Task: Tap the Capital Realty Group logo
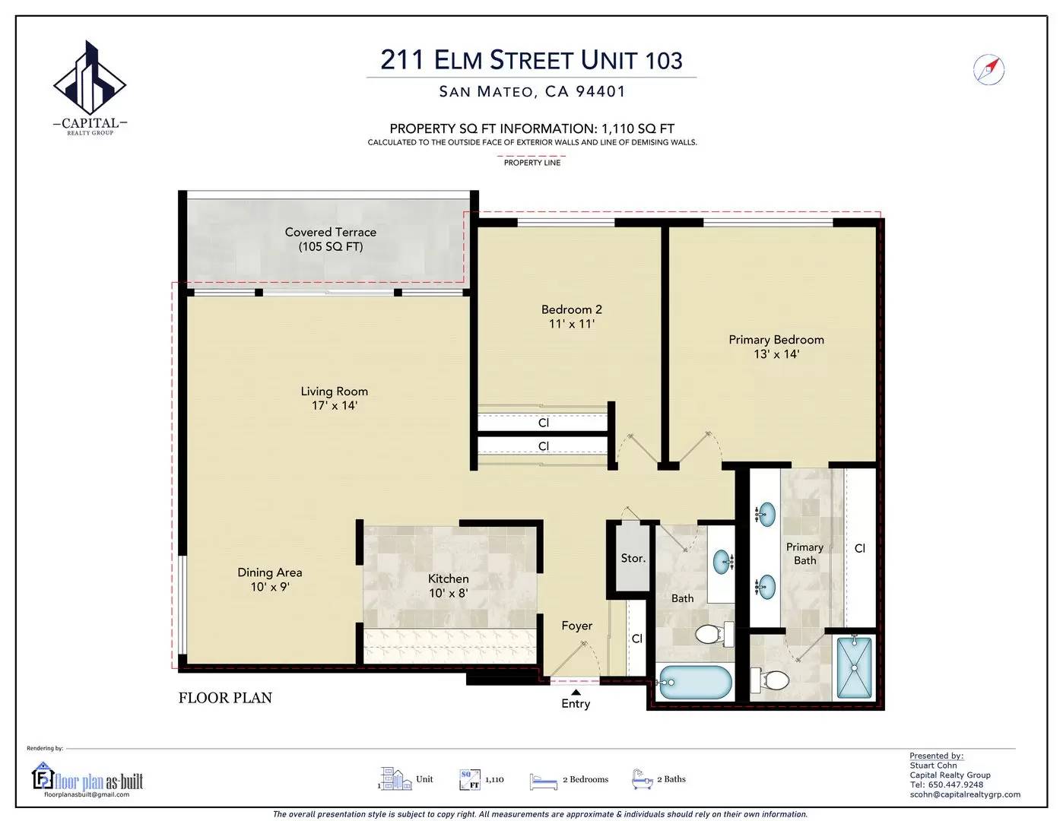(x=90, y=88)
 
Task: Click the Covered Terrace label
(x=331, y=239)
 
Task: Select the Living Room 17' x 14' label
(x=334, y=398)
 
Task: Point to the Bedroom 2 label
(x=571, y=316)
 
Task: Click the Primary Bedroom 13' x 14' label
(x=776, y=347)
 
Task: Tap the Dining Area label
(x=269, y=579)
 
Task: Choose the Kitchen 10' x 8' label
(x=448, y=586)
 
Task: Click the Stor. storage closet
(x=632, y=559)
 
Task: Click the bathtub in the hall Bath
(x=695, y=683)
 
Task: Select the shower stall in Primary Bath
(x=854, y=667)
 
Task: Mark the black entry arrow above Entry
(x=576, y=692)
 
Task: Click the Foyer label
(x=577, y=626)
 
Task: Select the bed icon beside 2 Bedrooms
(x=544, y=781)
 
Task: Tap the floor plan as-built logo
(x=88, y=781)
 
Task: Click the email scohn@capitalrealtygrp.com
(x=965, y=794)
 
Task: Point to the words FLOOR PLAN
(x=225, y=698)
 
